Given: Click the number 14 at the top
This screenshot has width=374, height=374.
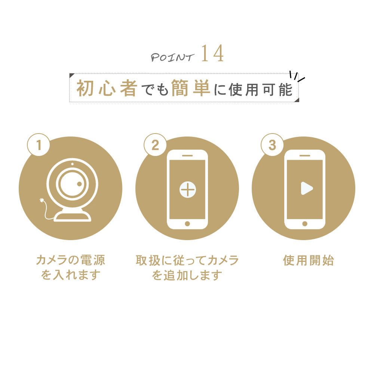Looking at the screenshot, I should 212,54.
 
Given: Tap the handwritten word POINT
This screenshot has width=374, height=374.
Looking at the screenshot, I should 172,57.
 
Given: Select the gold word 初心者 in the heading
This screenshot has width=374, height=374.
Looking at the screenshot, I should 106,88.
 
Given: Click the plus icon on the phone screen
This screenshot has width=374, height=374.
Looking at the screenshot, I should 187,189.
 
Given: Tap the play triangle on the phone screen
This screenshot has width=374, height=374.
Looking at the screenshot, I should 306,188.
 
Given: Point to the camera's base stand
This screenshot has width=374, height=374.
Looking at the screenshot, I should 73,216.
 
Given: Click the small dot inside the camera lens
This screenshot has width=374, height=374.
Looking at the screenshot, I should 79,184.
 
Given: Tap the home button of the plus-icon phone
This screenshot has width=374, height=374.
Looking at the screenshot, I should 187,224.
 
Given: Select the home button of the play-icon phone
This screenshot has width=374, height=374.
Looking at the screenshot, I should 304,224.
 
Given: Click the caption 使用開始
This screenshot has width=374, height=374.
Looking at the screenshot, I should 308,260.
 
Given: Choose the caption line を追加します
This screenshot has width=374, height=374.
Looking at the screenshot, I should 187,276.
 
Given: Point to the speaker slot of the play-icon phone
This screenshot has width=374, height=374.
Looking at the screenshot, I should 304,155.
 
